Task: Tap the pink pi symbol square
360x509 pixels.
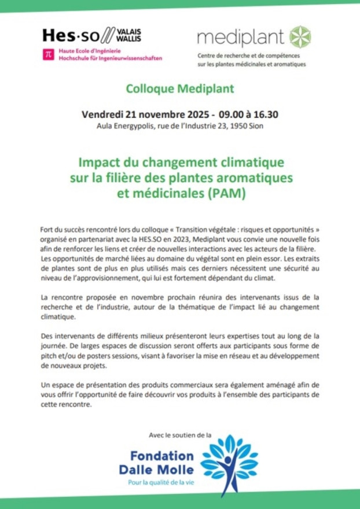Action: coord(49,54)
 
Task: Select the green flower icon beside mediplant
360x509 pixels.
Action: coord(300,36)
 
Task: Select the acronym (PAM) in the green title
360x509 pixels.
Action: coord(226,193)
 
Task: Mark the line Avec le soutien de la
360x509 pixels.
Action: coord(180,435)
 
